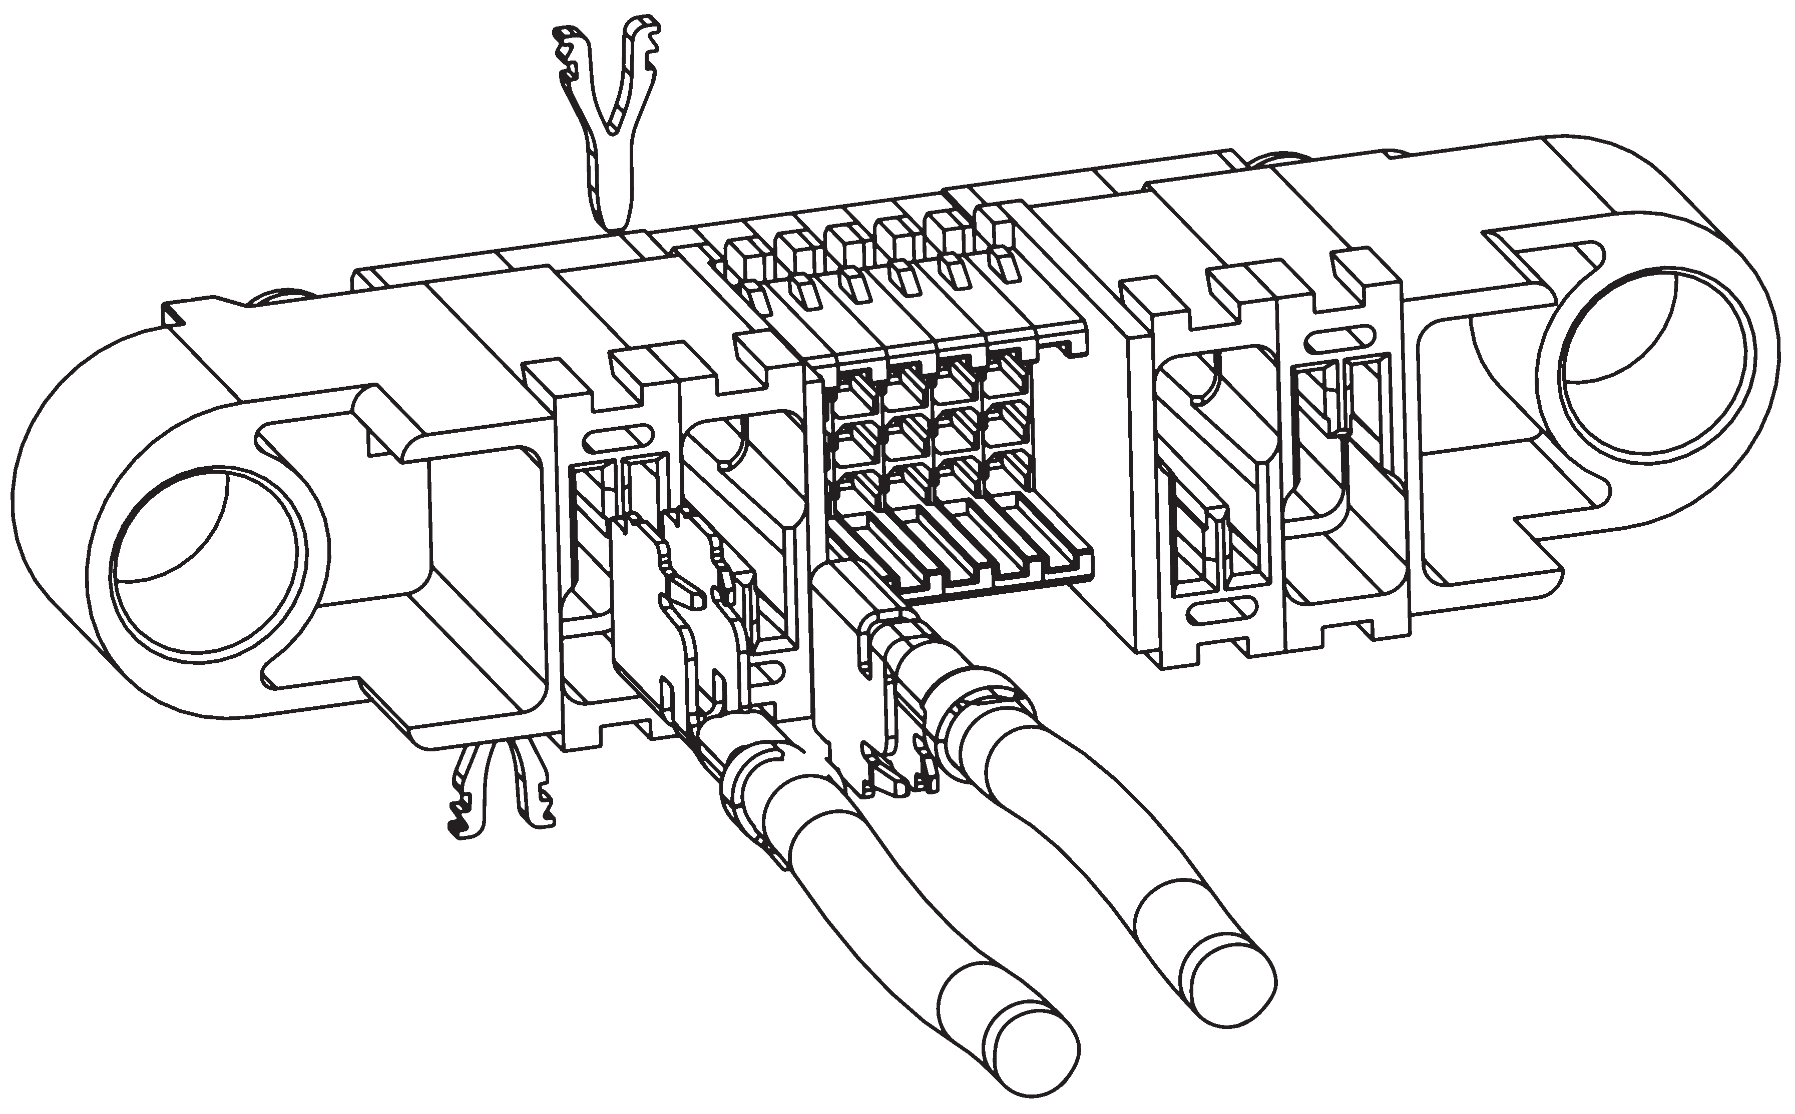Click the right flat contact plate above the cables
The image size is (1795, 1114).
[848, 663]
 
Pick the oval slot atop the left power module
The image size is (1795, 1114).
[617, 440]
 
